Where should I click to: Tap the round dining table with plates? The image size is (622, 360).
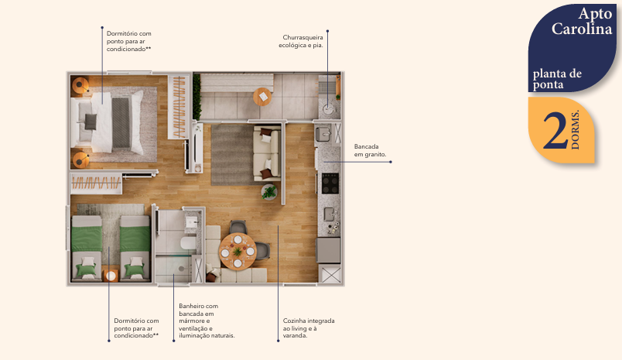[x=237, y=250]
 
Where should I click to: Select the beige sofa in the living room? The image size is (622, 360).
[x=265, y=154]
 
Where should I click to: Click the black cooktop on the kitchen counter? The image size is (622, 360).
[x=330, y=183]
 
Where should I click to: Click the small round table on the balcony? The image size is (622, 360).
[x=262, y=97]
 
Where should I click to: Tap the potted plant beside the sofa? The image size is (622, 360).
[x=268, y=192]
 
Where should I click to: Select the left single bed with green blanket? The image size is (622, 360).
[x=87, y=246]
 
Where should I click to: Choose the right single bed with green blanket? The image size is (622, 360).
[x=135, y=246]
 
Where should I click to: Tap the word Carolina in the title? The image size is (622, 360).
[x=583, y=29]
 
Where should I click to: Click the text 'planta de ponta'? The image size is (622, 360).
[x=556, y=79]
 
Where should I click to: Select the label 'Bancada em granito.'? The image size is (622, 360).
[x=370, y=150]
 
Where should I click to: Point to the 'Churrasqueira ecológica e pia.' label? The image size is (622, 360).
[x=301, y=41]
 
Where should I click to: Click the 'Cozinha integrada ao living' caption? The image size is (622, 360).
[x=308, y=327]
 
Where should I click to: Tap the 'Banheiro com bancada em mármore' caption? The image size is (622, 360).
[x=205, y=321]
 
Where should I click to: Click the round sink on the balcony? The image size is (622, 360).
[x=328, y=108]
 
